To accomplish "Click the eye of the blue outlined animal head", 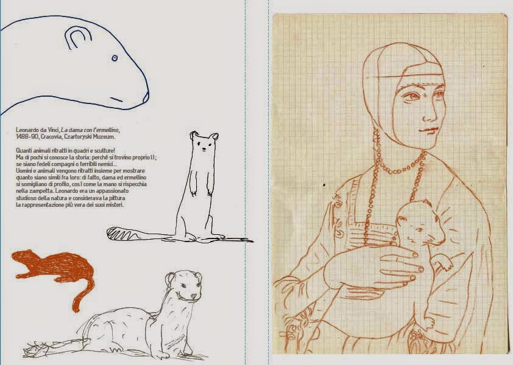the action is pyautogui.click(x=115, y=58).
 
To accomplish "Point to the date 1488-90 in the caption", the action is pyautogui.click(x=27, y=137).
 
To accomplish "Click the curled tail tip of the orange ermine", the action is pyautogui.click(x=76, y=307).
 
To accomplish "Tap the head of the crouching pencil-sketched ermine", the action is pyautogui.click(x=184, y=285).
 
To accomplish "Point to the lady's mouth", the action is pyautogui.click(x=428, y=131).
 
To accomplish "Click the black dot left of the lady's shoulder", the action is pyautogui.click(x=324, y=185).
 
